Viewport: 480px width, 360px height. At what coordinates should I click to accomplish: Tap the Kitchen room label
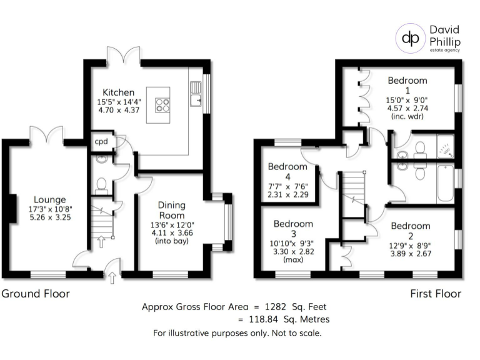pos(119,92)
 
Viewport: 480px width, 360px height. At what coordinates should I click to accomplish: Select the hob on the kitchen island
pos(162,105)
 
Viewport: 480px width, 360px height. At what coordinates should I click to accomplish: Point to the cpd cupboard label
pos(101,141)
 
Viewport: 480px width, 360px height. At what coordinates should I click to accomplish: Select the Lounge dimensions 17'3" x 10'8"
pos(51,210)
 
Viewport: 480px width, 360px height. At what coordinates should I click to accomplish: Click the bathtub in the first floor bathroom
pos(446,182)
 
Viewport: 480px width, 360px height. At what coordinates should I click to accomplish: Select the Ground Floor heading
pos(36,293)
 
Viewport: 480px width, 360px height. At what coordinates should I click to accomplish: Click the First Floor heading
pos(436,293)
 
